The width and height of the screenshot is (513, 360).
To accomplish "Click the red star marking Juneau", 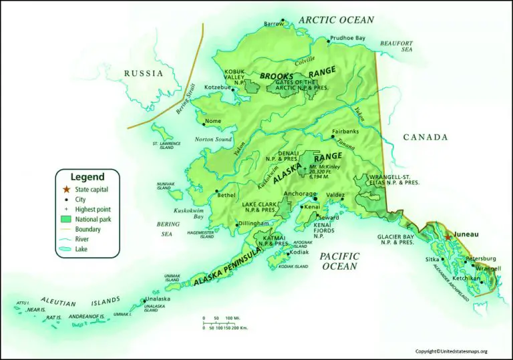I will tap(448, 237).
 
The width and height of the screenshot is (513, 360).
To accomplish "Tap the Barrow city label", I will tap(273, 23).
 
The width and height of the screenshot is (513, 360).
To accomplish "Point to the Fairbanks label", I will tap(345, 132).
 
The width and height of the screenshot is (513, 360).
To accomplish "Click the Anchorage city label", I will tap(299, 194).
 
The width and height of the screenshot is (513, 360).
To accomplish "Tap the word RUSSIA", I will tap(142, 73).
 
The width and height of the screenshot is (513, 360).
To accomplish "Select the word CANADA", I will tap(425, 138).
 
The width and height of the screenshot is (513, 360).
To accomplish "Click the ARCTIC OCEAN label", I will tap(336, 20).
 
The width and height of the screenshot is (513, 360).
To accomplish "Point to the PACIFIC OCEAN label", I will tap(339, 261).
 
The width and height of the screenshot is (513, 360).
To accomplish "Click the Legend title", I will tap(88, 177).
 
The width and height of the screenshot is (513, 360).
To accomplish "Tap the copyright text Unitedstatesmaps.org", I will tap(452, 351).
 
